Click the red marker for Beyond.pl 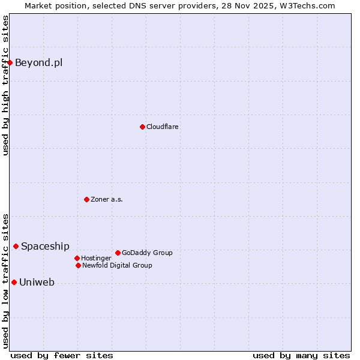pos(10,62)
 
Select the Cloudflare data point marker pos(142,127)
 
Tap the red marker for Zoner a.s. pos(86,199)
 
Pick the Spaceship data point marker pos(16,246)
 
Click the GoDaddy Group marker pos(118,253)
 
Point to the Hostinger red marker pos(77,258)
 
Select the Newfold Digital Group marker pos(78,265)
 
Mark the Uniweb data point pos(14,282)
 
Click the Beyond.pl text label pos(38,62)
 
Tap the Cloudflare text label pos(162,127)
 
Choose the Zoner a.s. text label pos(107,199)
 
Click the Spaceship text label pos(45,246)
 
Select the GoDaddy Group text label pos(147,253)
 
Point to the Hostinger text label pos(96,258)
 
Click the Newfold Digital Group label pos(117,265)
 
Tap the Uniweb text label pos(37,282)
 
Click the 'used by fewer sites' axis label pos(62,355)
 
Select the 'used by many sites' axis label pos(301,355)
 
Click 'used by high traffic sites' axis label pos(5,85)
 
